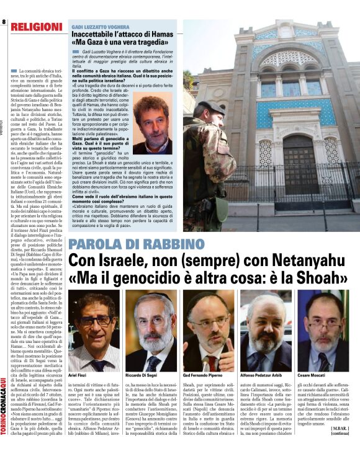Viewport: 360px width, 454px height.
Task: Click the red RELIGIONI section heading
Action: click(x=37, y=27)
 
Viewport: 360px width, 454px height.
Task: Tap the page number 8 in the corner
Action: click(x=4, y=22)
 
